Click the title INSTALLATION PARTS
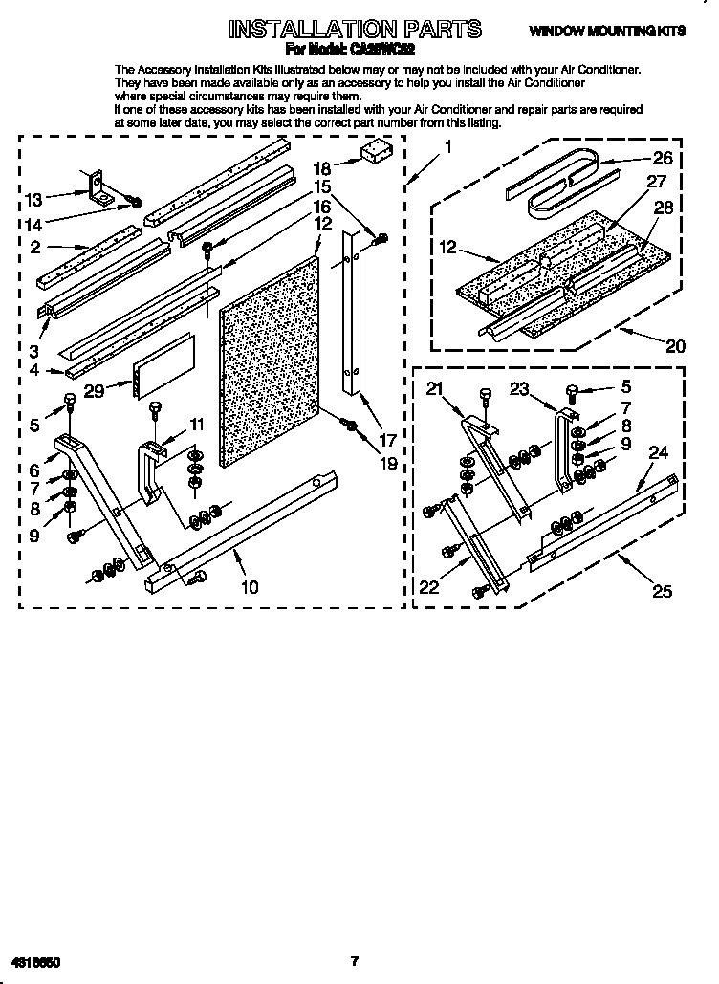click(x=355, y=30)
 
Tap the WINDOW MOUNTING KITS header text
click(x=608, y=32)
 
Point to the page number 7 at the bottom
click(x=353, y=960)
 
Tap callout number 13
click(x=33, y=199)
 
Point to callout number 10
click(x=249, y=586)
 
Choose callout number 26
click(x=662, y=159)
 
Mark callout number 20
click(x=675, y=346)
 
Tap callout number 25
click(x=662, y=592)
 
